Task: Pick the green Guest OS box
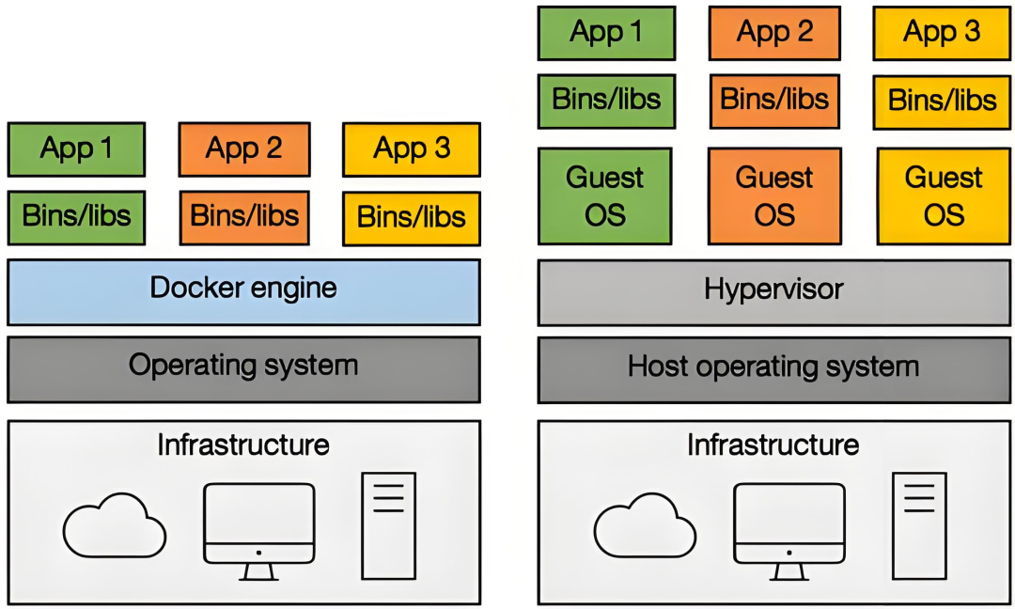pyautogui.click(x=605, y=195)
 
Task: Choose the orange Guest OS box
pyautogui.click(x=774, y=195)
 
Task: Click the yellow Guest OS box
pyautogui.click(x=944, y=195)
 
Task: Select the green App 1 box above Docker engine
pyautogui.click(x=77, y=149)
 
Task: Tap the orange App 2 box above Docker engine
pyautogui.click(x=244, y=149)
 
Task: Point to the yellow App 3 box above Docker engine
pyautogui.click(x=412, y=149)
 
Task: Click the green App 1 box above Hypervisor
pyautogui.click(x=606, y=33)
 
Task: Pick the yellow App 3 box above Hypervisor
pyautogui.click(x=942, y=34)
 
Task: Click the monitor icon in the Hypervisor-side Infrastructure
pyautogui.click(x=789, y=526)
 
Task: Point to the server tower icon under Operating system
pyautogui.click(x=388, y=524)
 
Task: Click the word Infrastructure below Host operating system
pyautogui.click(x=773, y=445)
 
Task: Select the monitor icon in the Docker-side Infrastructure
pyautogui.click(x=258, y=526)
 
